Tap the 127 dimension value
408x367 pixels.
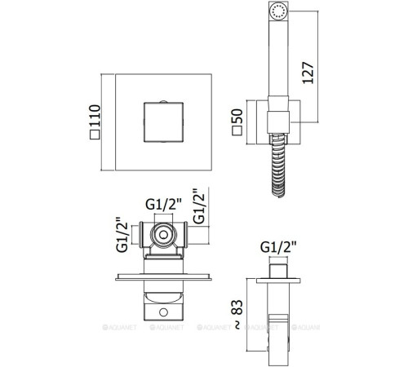pos(308,73)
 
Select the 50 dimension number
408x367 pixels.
pos(237,116)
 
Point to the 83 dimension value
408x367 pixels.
pos(237,307)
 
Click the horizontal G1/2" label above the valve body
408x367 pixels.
pos(163,204)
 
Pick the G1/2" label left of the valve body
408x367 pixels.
pos(122,234)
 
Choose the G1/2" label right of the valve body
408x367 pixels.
pos(198,206)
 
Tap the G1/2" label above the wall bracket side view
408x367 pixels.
pos(278,247)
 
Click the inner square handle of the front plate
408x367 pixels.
pos(163,122)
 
